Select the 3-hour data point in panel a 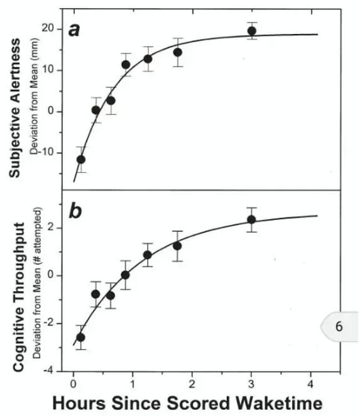(x=252, y=31)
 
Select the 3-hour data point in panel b (x=252, y=219)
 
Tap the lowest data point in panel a (x=81, y=159)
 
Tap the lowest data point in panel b (x=81, y=337)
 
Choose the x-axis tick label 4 (x=312, y=382)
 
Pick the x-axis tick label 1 (x=133, y=382)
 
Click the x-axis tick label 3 (x=252, y=382)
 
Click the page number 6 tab (x=339, y=326)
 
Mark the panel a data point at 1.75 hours (x=178, y=52)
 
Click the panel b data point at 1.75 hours (x=178, y=246)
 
